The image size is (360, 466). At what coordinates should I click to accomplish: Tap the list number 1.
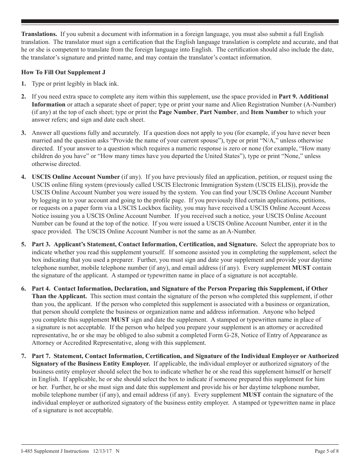[23, 84]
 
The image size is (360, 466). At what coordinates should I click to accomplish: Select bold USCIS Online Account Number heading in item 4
[75, 177]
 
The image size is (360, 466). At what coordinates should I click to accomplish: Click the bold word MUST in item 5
[301, 268]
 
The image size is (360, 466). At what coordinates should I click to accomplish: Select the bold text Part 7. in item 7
[41, 356]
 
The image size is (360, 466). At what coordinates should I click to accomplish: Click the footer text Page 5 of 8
[326, 451]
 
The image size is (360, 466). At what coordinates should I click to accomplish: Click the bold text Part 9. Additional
[304, 97]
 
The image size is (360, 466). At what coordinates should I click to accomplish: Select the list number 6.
[23, 289]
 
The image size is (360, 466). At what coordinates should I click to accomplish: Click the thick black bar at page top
[180, 22]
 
